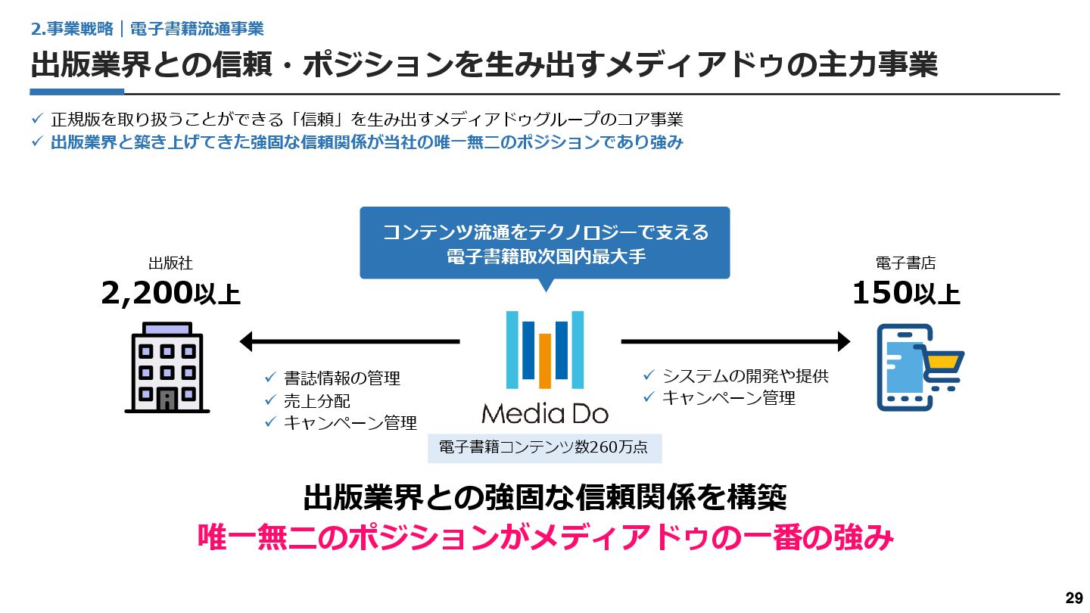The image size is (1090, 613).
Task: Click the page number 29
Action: coord(1073,598)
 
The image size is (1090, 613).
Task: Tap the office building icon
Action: coord(167,368)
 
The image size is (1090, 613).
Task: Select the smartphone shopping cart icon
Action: coord(917,368)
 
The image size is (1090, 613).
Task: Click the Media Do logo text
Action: coord(544,413)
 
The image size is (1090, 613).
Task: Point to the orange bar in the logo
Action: coord(545,360)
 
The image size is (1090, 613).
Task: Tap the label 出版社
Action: coord(170,263)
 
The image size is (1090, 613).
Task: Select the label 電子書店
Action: coord(905,263)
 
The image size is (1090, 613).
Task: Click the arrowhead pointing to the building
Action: coord(246,341)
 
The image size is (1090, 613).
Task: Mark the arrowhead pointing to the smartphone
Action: coord(843,341)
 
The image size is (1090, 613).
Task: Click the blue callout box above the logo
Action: coord(544,243)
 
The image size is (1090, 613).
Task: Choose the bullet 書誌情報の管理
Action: coord(341,378)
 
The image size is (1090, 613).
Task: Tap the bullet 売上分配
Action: coord(316,401)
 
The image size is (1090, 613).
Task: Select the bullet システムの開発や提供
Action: coord(745,375)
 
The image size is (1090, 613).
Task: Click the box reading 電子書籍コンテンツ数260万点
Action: coord(544,447)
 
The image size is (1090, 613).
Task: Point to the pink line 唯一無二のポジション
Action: coord(544,538)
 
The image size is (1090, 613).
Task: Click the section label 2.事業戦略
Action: coord(73,30)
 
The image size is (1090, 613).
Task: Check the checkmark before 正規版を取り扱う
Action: coord(37,120)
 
